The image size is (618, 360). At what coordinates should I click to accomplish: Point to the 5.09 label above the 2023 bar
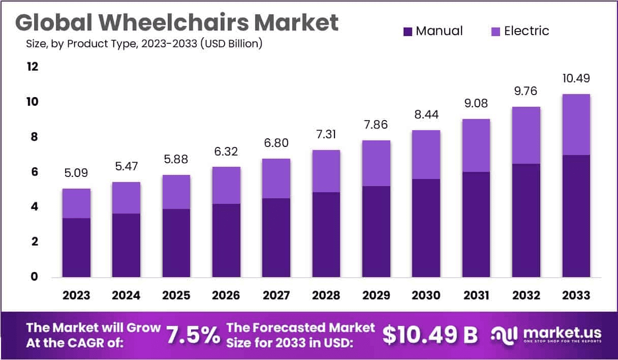point(76,173)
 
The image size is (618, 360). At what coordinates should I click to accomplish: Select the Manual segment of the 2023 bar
point(76,248)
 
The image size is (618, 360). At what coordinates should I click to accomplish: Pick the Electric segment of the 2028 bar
point(326,171)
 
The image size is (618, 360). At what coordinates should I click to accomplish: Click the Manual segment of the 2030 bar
point(425,228)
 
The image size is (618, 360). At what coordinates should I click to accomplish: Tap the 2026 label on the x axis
point(226,295)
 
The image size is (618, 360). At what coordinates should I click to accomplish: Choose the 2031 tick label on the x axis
point(476,295)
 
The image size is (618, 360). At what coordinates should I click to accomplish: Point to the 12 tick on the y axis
point(33,67)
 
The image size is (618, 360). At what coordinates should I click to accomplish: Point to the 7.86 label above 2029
point(376,125)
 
